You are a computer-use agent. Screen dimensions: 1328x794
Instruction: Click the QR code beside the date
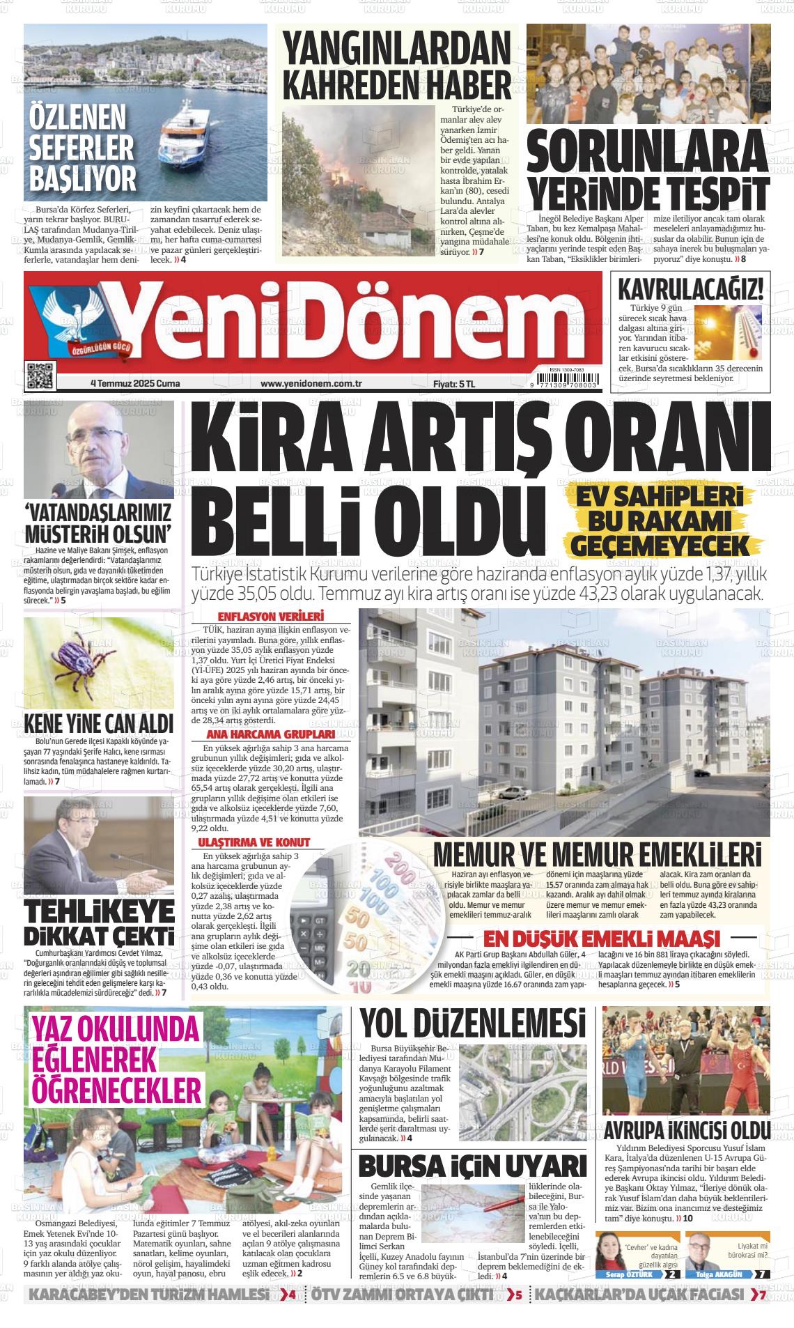(40, 376)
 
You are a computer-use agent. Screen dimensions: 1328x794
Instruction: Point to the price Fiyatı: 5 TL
(453, 383)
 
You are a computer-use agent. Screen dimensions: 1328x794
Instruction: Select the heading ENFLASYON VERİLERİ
(271, 617)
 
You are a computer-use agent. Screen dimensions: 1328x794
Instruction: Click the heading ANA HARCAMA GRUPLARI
(271, 734)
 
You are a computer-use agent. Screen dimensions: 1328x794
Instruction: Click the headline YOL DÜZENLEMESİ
(473, 1024)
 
